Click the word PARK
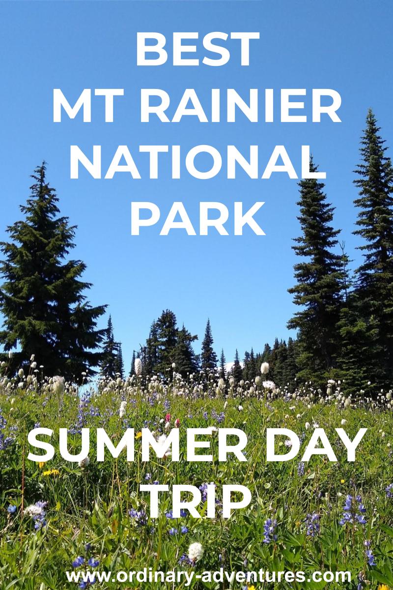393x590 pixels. [x=197, y=219]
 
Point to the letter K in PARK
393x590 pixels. [x=250, y=219]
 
